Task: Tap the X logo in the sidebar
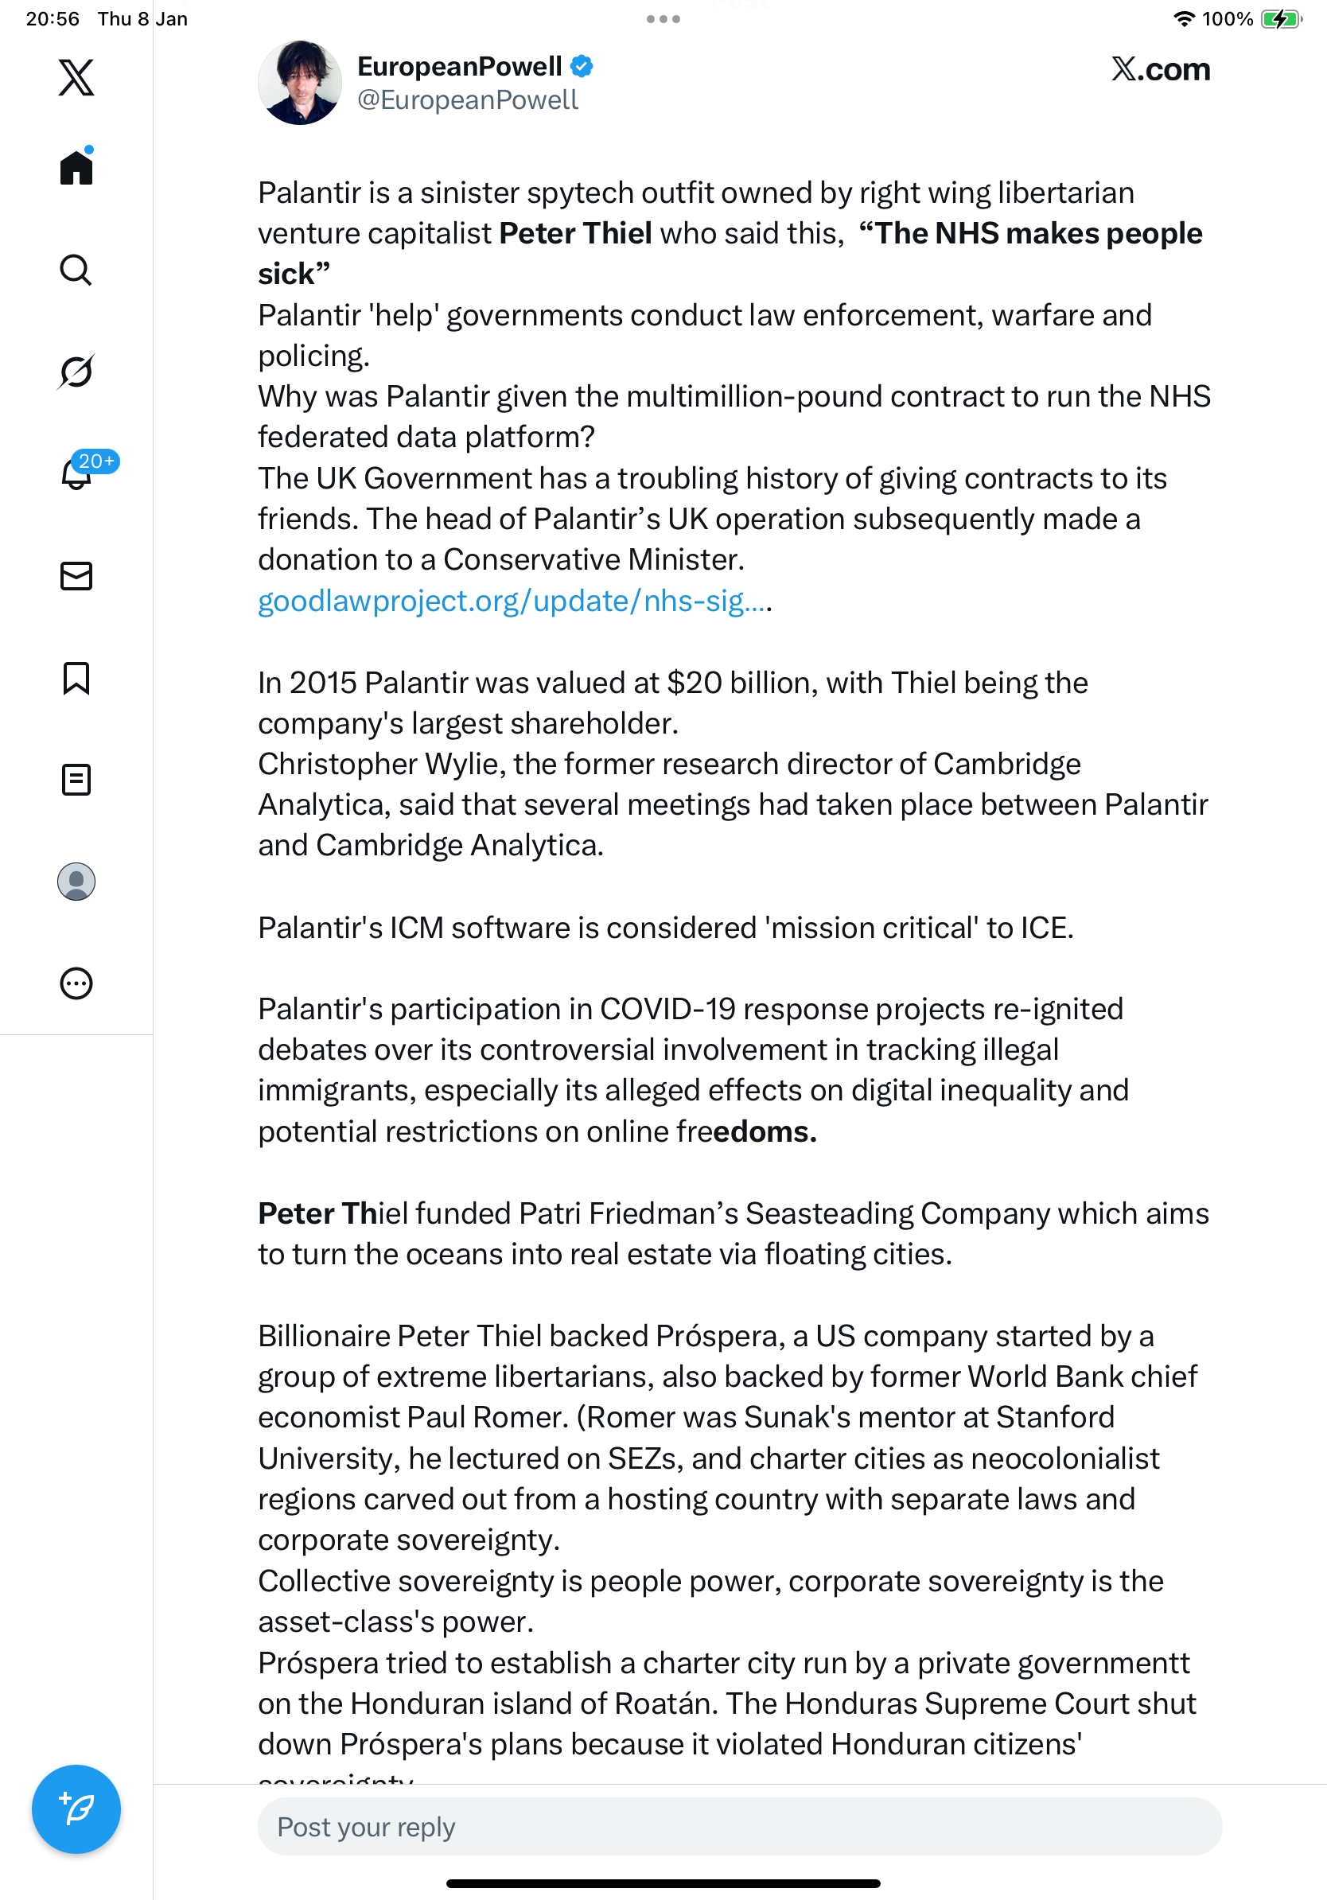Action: point(76,78)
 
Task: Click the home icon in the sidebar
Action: point(76,168)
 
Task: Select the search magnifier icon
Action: point(76,270)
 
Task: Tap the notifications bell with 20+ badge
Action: point(77,473)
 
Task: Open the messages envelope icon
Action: point(76,576)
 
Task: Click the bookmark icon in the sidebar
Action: point(76,678)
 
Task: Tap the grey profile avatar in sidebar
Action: point(76,882)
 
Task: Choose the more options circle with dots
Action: point(76,983)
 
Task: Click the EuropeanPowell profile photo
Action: point(299,83)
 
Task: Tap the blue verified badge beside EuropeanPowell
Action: point(582,66)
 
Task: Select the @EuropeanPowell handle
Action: point(468,100)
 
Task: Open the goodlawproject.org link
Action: point(513,601)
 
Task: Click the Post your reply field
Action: point(739,1826)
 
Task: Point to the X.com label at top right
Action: point(1160,69)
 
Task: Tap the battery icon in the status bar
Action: point(1280,19)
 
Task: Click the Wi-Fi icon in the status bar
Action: point(1185,19)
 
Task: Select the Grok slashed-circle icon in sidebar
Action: point(76,372)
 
